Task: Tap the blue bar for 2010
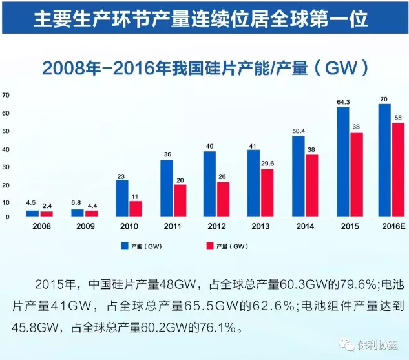(122, 198)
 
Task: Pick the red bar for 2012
(223, 200)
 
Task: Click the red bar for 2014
(311, 185)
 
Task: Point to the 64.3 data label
(343, 101)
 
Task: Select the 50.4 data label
(299, 131)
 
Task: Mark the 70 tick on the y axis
(6, 95)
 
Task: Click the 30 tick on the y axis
(6, 167)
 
